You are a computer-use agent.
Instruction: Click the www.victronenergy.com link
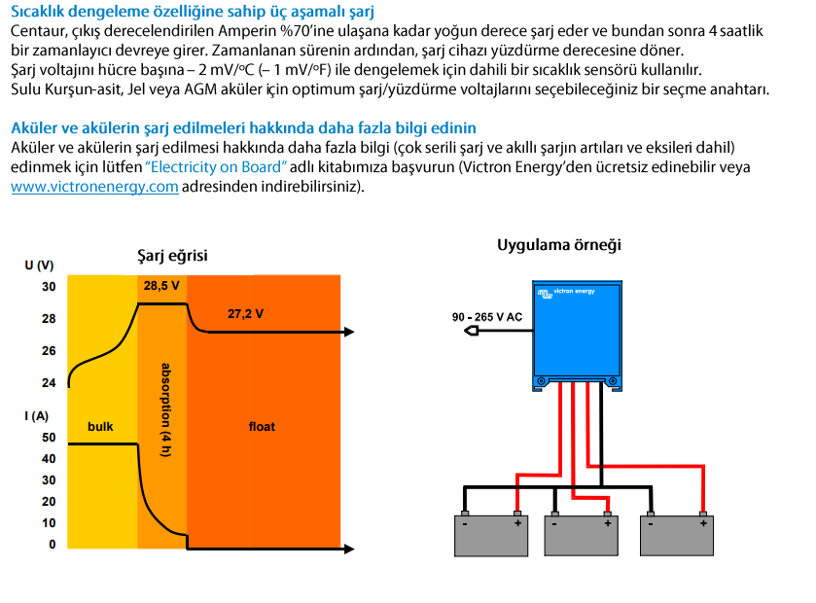click(94, 187)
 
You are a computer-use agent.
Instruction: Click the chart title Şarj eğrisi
click(172, 256)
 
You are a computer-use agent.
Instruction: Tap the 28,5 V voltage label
click(161, 286)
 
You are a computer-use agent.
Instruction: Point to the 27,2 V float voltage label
click(245, 314)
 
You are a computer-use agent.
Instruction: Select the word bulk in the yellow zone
click(100, 426)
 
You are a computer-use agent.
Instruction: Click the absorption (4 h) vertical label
click(164, 410)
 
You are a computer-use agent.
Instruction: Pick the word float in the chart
click(262, 426)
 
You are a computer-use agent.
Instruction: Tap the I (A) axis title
click(37, 415)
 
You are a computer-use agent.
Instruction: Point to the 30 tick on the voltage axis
click(48, 287)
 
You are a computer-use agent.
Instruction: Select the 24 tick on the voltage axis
click(48, 382)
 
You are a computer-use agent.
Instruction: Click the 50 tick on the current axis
click(48, 437)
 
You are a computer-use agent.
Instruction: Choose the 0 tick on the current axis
click(53, 544)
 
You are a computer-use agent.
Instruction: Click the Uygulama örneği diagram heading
click(558, 244)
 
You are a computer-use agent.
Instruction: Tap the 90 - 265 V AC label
click(487, 317)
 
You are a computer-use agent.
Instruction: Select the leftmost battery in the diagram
click(491, 534)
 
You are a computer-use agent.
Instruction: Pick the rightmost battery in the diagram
click(676, 534)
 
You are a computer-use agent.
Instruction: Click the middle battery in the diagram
click(582, 534)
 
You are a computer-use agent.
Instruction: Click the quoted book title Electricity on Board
click(216, 167)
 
